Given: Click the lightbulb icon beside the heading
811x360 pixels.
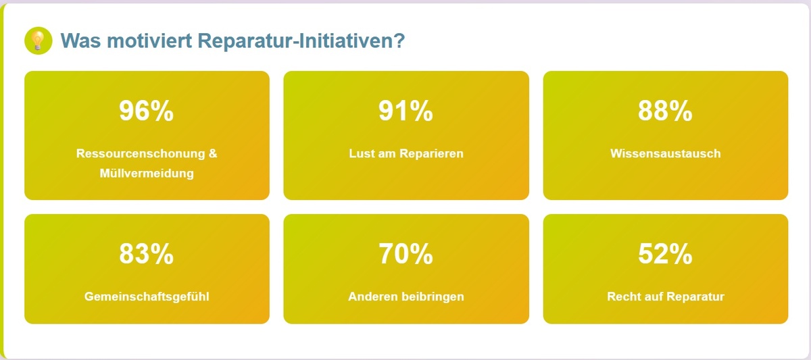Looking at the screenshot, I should point(38,41).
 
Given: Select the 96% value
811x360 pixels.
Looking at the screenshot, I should point(147,111).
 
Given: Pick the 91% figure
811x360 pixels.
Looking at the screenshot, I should point(405,111).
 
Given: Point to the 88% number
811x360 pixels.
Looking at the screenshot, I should point(665,111).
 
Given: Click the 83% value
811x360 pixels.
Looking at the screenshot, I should point(147,254).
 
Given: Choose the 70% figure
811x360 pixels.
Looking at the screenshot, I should point(405,254).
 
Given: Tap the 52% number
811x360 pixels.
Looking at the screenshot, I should point(665,254).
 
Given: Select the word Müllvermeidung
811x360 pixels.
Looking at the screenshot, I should point(147,174).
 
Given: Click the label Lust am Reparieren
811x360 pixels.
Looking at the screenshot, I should point(405,153).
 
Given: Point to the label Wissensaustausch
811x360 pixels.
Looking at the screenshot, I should point(665,153).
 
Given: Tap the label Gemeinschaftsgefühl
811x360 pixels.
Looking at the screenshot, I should point(147,297).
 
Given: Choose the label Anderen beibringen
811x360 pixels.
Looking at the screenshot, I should point(405,297).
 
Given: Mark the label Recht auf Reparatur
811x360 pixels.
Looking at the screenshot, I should point(665,297).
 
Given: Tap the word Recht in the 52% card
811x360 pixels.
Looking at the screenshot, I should point(622,297).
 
